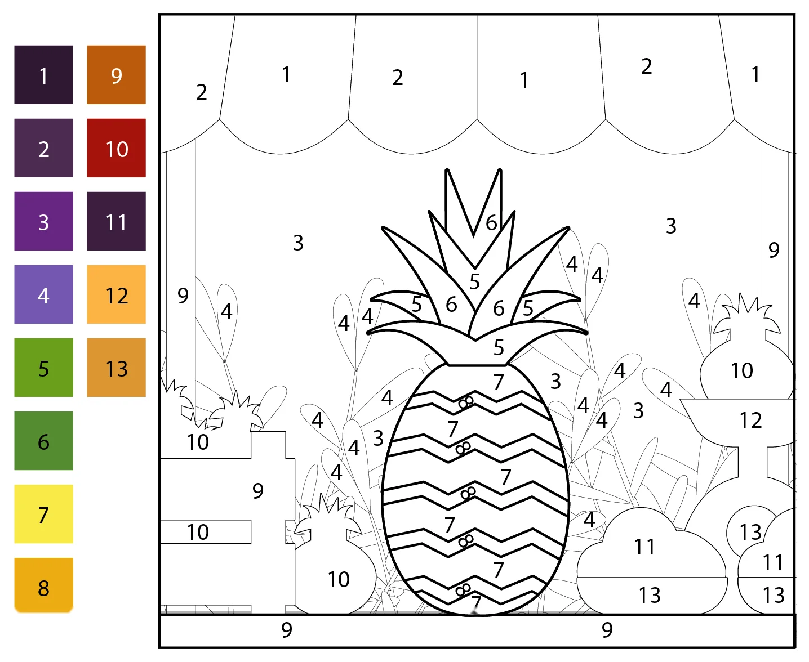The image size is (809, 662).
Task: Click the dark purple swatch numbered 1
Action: point(43,75)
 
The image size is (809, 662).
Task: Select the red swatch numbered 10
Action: point(116,148)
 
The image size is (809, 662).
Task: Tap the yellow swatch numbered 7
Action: point(43,514)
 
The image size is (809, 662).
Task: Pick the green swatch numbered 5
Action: point(43,368)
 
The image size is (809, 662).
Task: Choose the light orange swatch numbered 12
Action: point(116,294)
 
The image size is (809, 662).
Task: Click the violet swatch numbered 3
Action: point(43,221)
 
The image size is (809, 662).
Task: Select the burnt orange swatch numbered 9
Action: point(116,75)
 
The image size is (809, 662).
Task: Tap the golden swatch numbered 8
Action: point(43,585)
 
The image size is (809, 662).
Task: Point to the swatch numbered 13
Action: point(116,368)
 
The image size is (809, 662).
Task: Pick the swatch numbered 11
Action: point(116,221)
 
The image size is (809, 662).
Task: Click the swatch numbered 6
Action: point(43,441)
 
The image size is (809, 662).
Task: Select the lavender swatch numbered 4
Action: point(43,294)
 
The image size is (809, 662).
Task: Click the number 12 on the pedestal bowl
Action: point(750,421)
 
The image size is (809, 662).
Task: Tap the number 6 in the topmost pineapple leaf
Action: point(491,223)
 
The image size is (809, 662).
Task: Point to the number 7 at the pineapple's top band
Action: point(498,382)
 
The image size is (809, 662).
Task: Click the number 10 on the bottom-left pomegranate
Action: point(339,579)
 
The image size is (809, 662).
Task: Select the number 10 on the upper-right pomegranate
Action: point(742,370)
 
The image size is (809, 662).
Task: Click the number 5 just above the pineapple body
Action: point(498,347)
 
